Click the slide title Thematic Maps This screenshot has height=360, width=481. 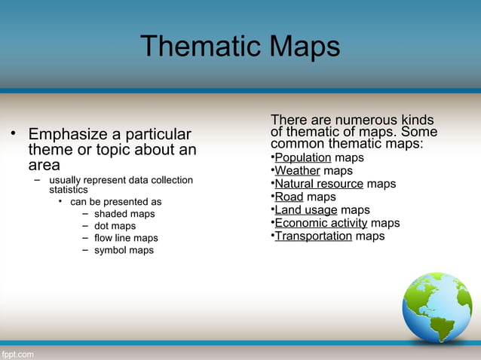click(240, 47)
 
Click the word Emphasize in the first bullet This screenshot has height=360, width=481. click(68, 135)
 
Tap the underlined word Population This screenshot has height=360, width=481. click(303, 157)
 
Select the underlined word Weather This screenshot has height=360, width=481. click(297, 171)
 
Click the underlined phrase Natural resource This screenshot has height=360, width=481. click(319, 184)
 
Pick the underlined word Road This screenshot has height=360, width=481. click(289, 197)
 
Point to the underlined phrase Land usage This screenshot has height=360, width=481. click(305, 210)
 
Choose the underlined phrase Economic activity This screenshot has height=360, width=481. click(320, 223)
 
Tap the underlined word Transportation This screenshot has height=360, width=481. click(313, 236)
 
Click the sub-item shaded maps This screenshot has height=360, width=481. click(124, 214)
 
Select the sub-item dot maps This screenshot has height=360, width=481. click(115, 226)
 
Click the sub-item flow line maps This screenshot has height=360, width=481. click(126, 238)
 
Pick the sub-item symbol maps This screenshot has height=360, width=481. click(124, 250)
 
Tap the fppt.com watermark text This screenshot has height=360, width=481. click(17, 353)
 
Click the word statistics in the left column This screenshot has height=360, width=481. click(69, 190)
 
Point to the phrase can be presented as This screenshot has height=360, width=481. click(115, 202)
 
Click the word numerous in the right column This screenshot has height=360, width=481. click(350, 121)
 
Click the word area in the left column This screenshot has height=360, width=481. click(44, 165)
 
